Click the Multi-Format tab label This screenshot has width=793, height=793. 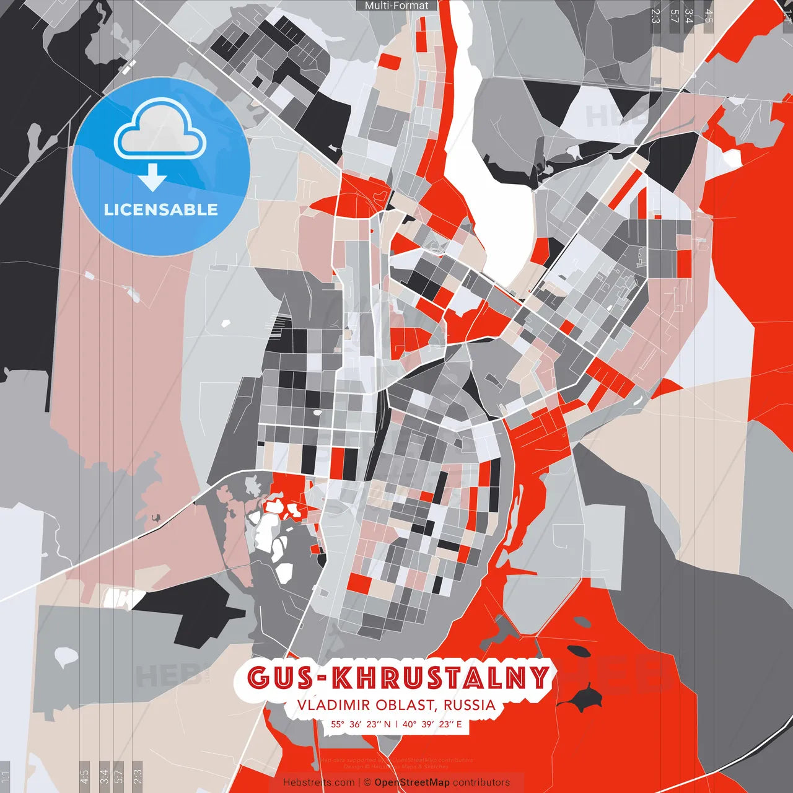[396, 6]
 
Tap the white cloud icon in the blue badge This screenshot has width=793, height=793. [160, 132]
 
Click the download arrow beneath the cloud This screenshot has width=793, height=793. [152, 179]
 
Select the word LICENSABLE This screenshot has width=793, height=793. [161, 209]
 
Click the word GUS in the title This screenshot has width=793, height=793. [279, 677]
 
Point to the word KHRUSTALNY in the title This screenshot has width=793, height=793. [440, 677]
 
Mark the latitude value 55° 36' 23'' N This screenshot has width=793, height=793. [361, 724]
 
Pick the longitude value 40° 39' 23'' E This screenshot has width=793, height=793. [432, 724]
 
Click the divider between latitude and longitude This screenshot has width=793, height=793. [396, 724]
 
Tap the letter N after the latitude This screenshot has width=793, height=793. [387, 724]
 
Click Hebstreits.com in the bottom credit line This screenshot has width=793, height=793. [318, 782]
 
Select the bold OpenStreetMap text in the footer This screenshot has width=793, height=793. [411, 782]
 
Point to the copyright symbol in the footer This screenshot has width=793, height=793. [367, 782]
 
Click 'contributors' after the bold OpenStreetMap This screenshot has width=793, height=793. [481, 782]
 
